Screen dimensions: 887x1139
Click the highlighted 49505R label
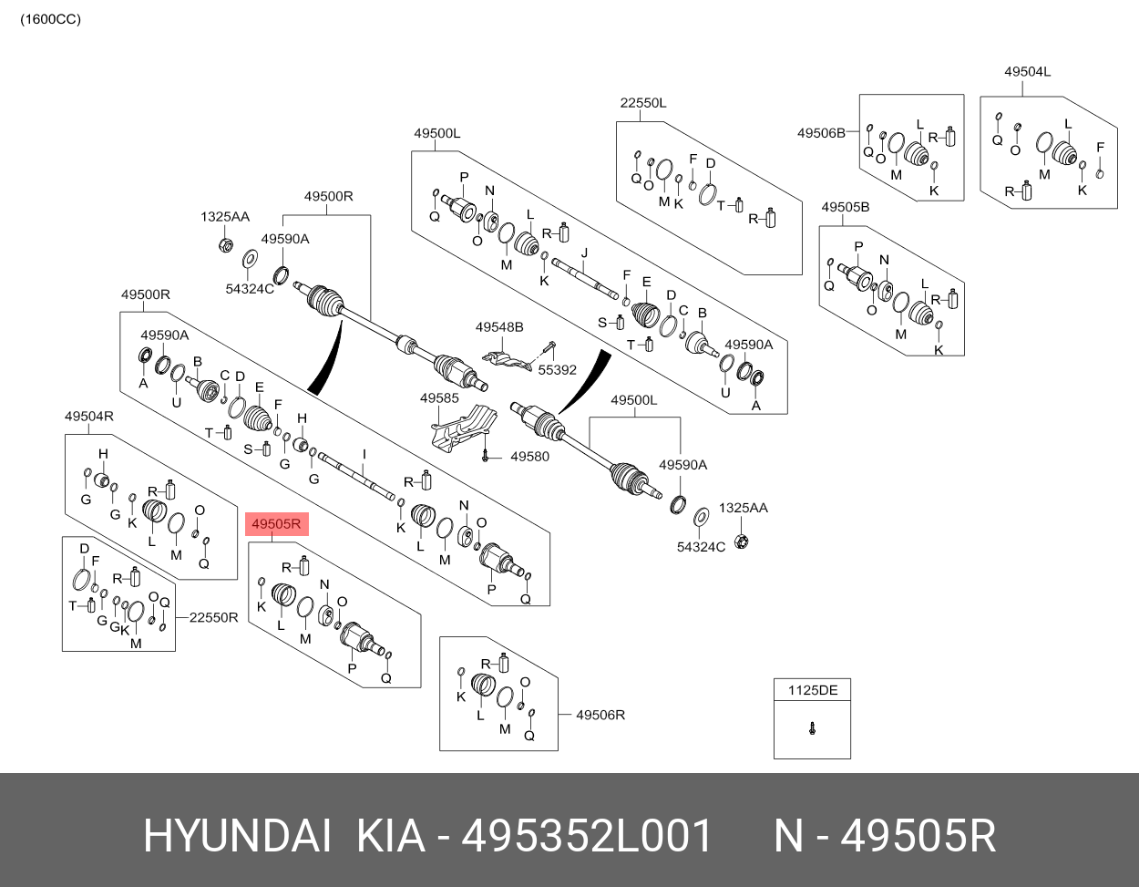(276, 524)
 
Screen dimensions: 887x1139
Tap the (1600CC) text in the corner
(51, 19)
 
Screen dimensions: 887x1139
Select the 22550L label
(643, 103)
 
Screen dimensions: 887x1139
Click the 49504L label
(1028, 72)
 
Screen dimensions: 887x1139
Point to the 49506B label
(821, 133)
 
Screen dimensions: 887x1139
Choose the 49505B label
(845, 207)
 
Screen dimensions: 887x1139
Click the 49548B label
(499, 326)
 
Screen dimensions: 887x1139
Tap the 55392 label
(557, 370)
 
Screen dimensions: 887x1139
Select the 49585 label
(439, 398)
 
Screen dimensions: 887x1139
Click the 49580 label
(529, 456)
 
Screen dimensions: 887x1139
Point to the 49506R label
(600, 715)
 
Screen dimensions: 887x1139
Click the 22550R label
(214, 617)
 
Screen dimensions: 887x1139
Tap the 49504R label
(88, 417)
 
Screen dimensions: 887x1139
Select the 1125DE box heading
(812, 690)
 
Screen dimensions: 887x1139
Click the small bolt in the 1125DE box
(812, 727)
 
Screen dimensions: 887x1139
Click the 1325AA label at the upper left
(225, 217)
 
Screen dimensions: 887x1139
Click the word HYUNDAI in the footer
(237, 836)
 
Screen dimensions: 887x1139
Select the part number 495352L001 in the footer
(588, 836)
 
